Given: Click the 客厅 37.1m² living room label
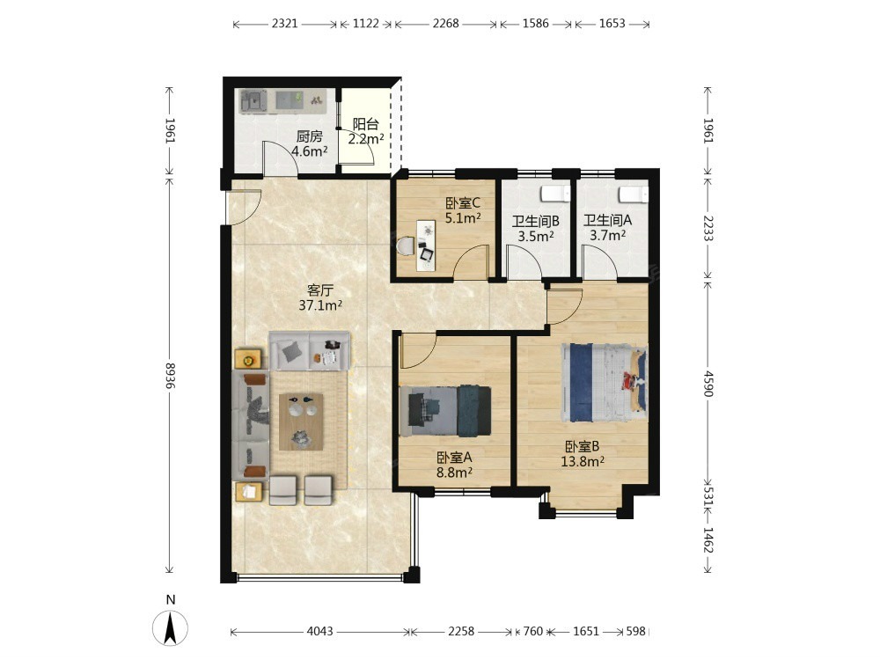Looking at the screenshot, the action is click(x=320, y=298).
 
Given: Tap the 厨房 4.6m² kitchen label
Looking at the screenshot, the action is click(x=309, y=143).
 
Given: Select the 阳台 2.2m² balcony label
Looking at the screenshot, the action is click(x=366, y=131).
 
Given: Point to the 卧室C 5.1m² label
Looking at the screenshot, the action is click(x=463, y=210).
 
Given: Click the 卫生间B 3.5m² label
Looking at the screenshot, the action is click(x=535, y=229).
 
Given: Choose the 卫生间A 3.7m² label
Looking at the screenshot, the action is click(x=608, y=228).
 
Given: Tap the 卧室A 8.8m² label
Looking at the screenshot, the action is click(x=454, y=466).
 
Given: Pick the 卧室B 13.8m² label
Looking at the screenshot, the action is click(x=583, y=454).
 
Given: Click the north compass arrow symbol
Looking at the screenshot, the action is click(x=170, y=627).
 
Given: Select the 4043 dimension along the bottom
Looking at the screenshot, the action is click(x=320, y=631).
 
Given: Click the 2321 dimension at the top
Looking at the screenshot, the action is click(x=285, y=24).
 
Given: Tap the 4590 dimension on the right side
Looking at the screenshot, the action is click(x=708, y=384).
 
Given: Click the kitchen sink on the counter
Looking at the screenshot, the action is click(x=253, y=101).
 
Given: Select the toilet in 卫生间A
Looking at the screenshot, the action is click(x=634, y=194).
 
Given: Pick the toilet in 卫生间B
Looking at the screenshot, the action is click(x=555, y=194).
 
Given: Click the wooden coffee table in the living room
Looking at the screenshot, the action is click(x=301, y=422).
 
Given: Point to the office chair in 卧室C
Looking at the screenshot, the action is click(x=406, y=246).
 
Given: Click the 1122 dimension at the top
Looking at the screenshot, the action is click(x=366, y=24).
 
